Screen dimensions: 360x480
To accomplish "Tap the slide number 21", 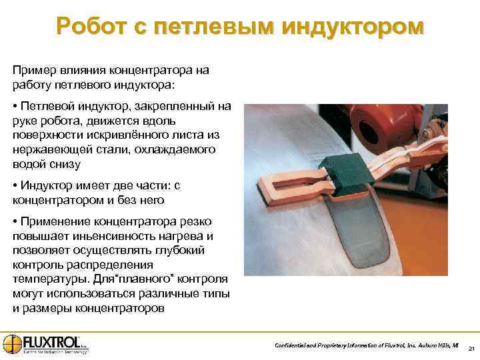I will click(471, 349).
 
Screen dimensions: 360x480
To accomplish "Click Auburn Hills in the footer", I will click(431, 345).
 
